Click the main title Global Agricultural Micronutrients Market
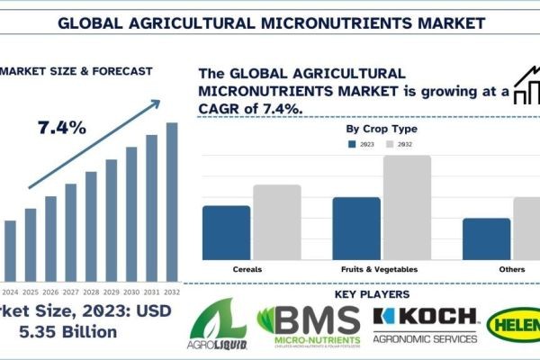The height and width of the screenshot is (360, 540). click(270, 20)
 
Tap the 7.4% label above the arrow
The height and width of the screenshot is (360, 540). click(62, 128)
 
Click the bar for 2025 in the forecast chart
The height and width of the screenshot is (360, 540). click(31, 244)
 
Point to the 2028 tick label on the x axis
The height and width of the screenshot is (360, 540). click(91, 292)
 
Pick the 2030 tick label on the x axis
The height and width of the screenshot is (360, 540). click(131, 292)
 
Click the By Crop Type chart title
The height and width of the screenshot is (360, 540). click(382, 129)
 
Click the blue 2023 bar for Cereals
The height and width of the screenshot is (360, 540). click(227, 232)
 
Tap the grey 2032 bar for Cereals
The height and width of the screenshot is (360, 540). click(276, 222)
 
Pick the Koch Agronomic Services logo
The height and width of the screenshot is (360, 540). click(425, 325)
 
